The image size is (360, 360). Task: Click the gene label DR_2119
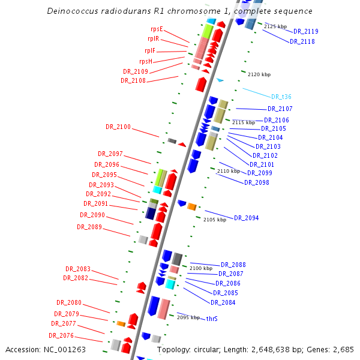coord(306,31)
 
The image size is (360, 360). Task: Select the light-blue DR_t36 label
coord(281,97)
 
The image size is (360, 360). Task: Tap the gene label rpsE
coord(157,29)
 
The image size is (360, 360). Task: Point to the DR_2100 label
coord(118,127)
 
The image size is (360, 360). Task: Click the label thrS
coord(212,319)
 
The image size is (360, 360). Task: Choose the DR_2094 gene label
coord(247,218)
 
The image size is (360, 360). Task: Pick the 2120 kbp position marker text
coord(259,74)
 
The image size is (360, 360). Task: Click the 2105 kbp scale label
coord(215,220)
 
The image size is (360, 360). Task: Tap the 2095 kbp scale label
coord(188,317)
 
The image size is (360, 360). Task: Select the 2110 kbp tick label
coord(229,171)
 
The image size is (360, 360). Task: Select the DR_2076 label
coord(62,335)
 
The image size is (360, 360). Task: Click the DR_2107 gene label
coord(280,109)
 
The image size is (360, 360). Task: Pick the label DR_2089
coord(89,227)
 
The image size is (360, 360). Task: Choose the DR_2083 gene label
coord(78,269)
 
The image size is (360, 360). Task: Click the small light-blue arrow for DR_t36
coord(220,80)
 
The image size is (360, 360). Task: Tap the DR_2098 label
coord(257,182)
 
